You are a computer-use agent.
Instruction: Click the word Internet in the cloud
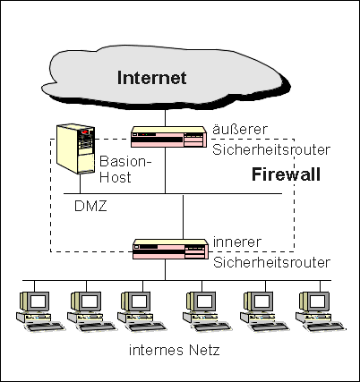point(152,78)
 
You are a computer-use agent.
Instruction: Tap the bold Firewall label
point(286,174)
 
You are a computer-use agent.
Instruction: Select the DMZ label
point(90,206)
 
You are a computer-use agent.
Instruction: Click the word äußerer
point(240,129)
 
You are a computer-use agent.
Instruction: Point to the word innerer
point(237,242)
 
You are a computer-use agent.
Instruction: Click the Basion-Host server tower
point(76,149)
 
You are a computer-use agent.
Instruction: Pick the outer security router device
point(169,137)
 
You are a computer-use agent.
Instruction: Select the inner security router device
point(170,249)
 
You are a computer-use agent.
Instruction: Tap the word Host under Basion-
point(116,177)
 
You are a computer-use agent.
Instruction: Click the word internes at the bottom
point(156,350)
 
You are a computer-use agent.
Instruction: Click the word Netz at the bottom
point(204,350)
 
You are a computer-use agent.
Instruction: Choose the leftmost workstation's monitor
point(34,301)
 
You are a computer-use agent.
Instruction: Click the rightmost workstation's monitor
point(314,301)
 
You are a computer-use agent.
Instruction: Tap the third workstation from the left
point(142,311)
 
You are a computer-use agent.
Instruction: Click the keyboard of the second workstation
point(97,327)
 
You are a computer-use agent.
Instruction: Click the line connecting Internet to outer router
point(165,117)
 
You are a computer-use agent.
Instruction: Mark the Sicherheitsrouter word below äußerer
point(271,149)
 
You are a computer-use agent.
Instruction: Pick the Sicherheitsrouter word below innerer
point(271,262)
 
